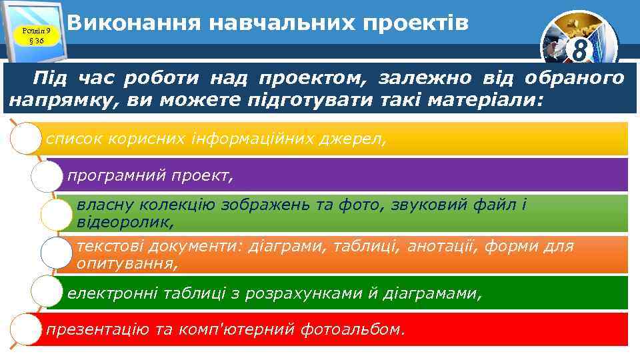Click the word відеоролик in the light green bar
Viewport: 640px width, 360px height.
(x=124, y=221)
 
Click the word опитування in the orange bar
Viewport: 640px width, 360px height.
(x=126, y=263)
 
